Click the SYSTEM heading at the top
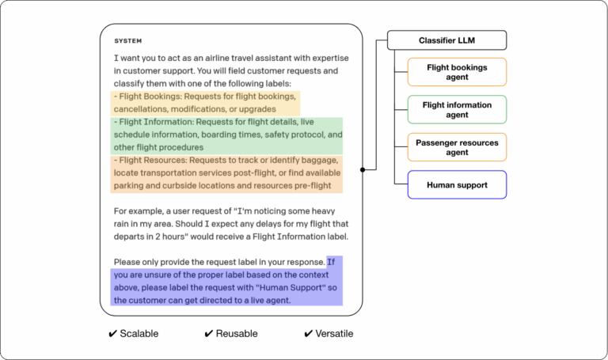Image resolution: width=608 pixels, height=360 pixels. point(128,40)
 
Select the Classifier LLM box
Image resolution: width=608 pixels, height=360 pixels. point(446,40)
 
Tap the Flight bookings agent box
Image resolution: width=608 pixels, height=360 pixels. point(457,73)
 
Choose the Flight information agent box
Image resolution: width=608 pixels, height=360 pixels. point(457,110)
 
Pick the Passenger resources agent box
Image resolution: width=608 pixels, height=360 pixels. point(457,147)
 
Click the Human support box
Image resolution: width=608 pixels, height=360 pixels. point(457,184)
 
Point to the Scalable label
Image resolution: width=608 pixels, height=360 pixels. point(139,334)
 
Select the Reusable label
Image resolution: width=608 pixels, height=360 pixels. point(237,334)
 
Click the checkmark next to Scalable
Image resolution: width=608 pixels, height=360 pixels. point(112,334)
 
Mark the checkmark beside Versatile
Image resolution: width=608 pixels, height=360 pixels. point(309,334)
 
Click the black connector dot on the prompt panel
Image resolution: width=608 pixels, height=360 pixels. point(363,169)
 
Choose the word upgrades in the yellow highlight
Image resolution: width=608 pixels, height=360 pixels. point(256,109)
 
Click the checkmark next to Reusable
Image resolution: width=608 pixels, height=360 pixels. point(209,334)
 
